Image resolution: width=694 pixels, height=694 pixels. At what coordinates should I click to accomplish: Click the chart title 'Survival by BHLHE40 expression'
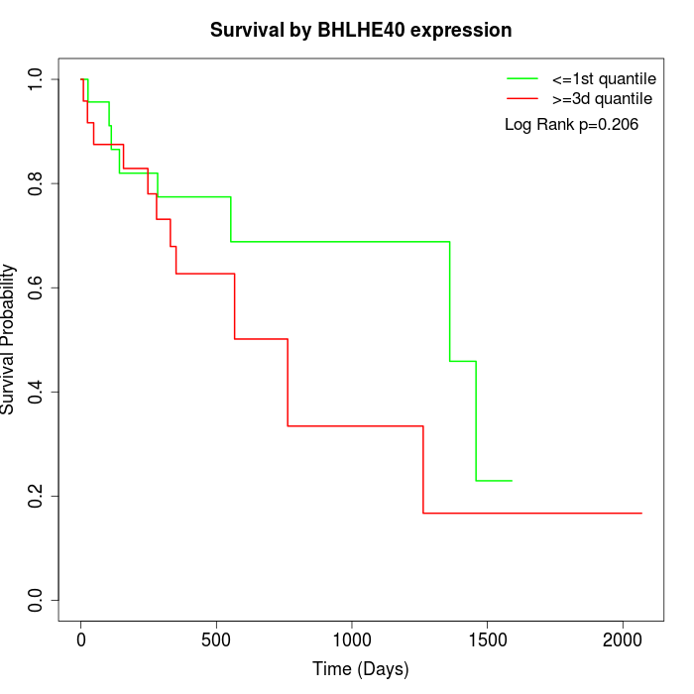tap(361, 30)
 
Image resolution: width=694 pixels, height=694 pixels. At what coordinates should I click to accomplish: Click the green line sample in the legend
tap(522, 78)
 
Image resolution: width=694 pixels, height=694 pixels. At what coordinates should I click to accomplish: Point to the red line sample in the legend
tap(522, 98)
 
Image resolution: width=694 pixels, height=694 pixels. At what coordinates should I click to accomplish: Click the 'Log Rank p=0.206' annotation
tap(571, 125)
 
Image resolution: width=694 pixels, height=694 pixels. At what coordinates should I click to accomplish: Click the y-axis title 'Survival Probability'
tap(9, 339)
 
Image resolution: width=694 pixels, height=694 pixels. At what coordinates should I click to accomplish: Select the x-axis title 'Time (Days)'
tap(361, 669)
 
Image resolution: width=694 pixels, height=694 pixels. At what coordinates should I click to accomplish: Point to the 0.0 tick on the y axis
tap(37, 600)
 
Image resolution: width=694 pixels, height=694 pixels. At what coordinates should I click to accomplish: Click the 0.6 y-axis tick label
tap(37, 288)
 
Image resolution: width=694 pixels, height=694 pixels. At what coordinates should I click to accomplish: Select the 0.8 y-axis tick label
tap(37, 183)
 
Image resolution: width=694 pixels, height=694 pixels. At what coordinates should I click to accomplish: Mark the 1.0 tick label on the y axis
tap(37, 79)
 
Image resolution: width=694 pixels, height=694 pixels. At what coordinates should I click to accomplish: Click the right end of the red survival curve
tap(641, 513)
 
